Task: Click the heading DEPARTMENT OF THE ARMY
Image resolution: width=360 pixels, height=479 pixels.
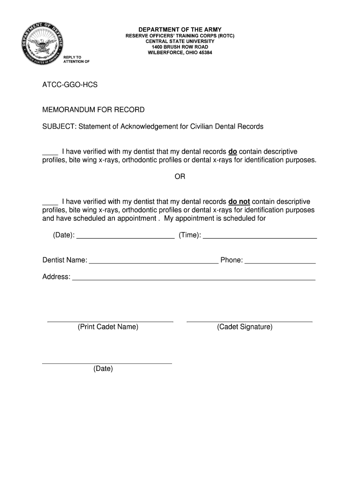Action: [180, 29]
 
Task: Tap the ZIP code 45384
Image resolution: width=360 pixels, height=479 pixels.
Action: [204, 52]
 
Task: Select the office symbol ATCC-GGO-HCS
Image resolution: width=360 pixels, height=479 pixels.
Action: [70, 85]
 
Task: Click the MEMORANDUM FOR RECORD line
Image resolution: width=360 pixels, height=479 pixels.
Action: [94, 110]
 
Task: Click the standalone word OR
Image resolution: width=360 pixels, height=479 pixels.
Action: [180, 177]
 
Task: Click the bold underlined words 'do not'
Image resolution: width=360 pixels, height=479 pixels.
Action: [239, 202]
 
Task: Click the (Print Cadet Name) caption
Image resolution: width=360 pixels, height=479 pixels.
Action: [108, 327]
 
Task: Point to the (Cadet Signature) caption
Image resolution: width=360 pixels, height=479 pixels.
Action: [245, 327]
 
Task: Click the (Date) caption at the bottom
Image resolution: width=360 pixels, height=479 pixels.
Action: [103, 369]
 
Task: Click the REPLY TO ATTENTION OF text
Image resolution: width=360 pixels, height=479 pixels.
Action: [76, 59]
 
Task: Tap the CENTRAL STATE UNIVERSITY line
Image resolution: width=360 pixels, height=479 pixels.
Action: [180, 41]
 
